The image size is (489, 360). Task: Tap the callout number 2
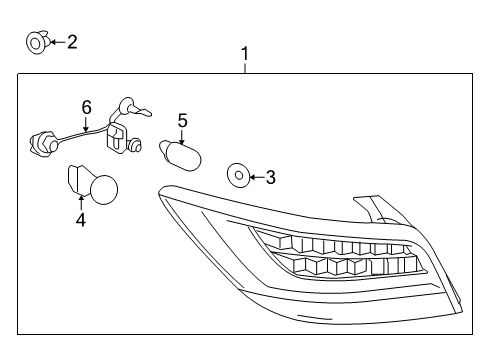coord(72,41)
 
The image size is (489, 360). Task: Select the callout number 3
coord(271,178)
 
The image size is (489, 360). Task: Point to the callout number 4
coord(80,217)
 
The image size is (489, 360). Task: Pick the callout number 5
coord(182,120)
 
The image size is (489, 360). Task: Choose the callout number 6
coord(86,106)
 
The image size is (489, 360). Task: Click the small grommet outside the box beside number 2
coord(36,42)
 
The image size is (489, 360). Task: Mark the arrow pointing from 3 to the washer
coord(257,178)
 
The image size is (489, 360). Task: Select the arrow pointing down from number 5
coord(182,135)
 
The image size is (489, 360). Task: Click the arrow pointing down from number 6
coord(86,123)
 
